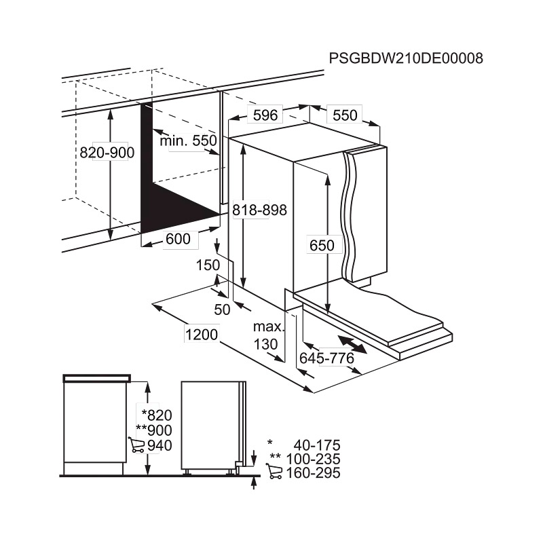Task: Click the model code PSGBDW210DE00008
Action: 406,58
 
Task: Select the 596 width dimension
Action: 265,115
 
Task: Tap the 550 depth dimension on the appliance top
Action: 345,115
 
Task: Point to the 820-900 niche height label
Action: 107,152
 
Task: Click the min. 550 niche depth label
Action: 189,141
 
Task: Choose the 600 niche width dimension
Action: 178,239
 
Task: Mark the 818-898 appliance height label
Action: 260,210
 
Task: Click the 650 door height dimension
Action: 322,245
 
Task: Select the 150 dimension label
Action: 208,265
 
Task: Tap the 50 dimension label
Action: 222,310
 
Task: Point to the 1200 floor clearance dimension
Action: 202,335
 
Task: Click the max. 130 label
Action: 267,335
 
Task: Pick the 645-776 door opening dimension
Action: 327,358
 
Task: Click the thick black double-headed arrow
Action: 352,344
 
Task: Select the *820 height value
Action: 157,415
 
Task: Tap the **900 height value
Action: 154,430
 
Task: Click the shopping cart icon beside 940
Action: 136,445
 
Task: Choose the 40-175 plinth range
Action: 317,445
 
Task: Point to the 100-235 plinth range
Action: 314,460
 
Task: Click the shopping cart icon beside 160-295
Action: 274,471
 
